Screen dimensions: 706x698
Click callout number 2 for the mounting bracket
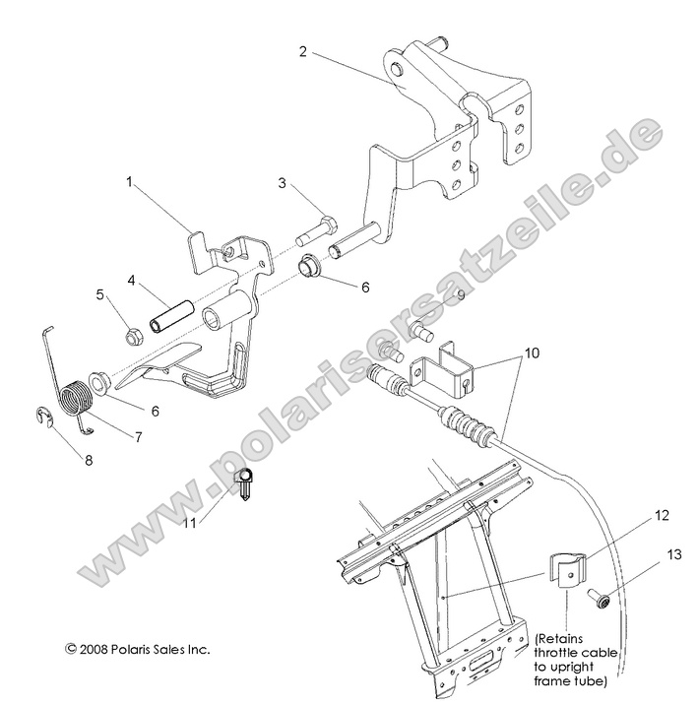303,51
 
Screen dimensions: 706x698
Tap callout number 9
459,295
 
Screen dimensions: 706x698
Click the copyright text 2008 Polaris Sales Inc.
137,649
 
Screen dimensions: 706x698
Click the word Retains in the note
566,638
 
